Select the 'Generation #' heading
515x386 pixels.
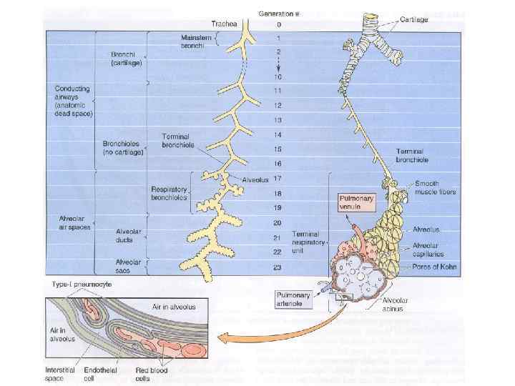tap(279, 14)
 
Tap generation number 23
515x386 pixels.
tap(277, 267)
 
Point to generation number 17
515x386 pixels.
tap(277, 178)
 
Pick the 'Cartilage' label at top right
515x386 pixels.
tap(413, 19)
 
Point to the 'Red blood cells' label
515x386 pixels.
tap(152, 374)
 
